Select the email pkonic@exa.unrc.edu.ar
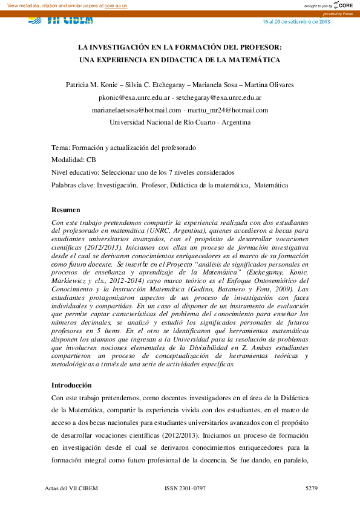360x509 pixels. click(133, 97)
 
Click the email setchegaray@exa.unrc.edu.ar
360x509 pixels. click(218, 97)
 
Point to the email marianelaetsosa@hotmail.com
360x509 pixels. click(137, 110)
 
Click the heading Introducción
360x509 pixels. click(71, 385)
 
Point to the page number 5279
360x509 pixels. click(311, 487)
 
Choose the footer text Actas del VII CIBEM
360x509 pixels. click(72, 487)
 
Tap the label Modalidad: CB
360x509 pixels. click(74, 160)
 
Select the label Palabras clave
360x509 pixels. click(73, 186)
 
